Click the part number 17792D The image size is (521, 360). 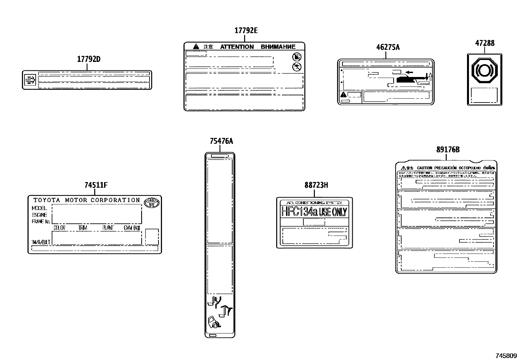pos(88,60)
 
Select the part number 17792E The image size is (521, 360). pos(246,31)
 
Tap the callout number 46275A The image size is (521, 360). pos(388,47)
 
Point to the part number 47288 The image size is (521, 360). pos(485,43)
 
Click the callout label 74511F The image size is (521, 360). pos(96,185)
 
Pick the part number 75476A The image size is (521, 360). pos(222,142)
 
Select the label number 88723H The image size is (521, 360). pos(316,185)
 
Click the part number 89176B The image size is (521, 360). pos(448,150)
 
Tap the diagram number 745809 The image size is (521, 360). pos(506,356)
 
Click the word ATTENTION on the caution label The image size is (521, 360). pos(237,47)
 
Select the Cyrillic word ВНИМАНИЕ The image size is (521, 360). pos(278,47)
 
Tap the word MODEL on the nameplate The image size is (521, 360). pos(39,208)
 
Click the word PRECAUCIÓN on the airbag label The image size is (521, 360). pos(444,168)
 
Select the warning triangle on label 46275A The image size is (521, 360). pos(343,95)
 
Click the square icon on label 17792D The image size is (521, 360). pos(30,80)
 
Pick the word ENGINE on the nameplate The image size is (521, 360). pos(39,215)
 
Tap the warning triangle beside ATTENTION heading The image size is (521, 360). pos(196,47)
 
